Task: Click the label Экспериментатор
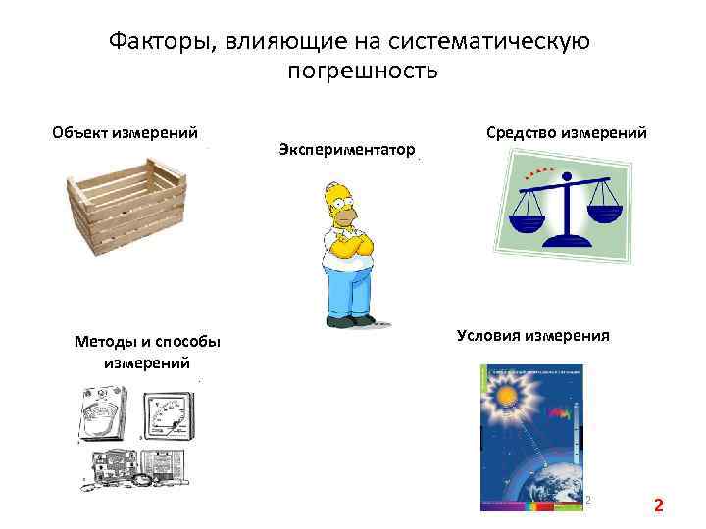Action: [x=346, y=148]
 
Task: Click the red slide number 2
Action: [x=659, y=505]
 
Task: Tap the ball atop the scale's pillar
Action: [x=566, y=173]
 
